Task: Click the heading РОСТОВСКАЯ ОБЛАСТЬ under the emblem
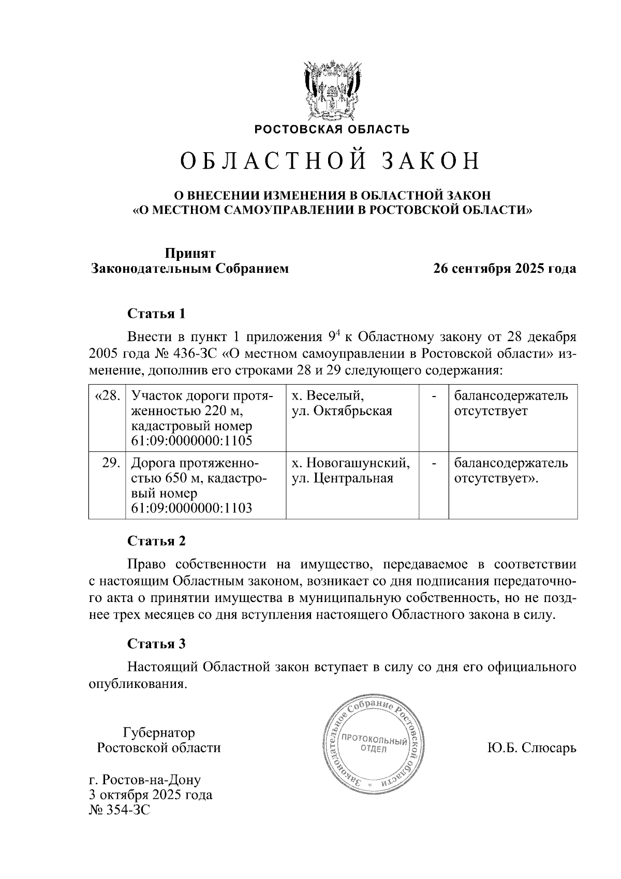[x=331, y=129]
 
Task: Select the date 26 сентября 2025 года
[x=505, y=269]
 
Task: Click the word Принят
[x=190, y=253]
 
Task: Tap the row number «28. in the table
[x=108, y=396]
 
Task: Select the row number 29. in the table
[x=111, y=462]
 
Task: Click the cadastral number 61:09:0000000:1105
[x=191, y=441]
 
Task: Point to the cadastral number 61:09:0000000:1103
[x=191, y=508]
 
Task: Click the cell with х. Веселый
[x=328, y=396]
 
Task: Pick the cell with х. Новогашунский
[x=351, y=462]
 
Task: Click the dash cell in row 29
[x=434, y=462]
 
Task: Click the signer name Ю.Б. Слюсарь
[x=531, y=748]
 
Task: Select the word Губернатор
[x=159, y=732]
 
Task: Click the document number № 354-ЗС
[x=120, y=810]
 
